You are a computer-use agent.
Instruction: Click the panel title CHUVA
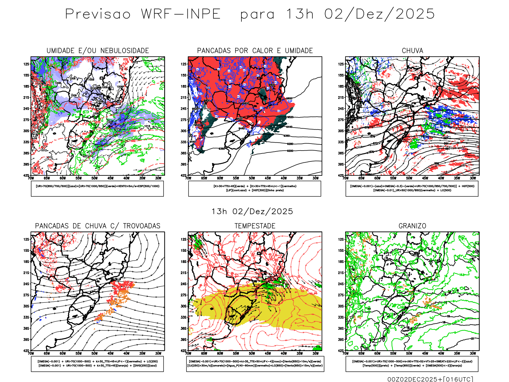[x=412, y=51]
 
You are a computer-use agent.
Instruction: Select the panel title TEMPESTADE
[x=255, y=226]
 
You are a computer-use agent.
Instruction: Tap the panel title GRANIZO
[x=412, y=226]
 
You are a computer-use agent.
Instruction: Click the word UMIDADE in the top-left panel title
[x=60, y=51]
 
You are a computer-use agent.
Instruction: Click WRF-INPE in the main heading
[x=181, y=14]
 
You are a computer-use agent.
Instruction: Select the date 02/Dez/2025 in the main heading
[x=379, y=14]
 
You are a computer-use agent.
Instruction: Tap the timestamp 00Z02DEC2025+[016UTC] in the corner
[x=430, y=379]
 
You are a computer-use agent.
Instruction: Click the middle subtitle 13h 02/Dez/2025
[x=252, y=211]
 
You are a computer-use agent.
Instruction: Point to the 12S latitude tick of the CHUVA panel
[x=341, y=64]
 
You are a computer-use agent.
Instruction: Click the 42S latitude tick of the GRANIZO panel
[x=341, y=351]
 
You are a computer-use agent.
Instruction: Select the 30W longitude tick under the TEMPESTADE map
[x=316, y=353]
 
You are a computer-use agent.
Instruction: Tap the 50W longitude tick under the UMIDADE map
[x=94, y=178]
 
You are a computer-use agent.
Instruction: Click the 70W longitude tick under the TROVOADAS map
[x=31, y=353]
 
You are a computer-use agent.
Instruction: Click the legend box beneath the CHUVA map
[x=412, y=188]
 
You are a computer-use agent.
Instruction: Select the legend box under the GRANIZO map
[x=412, y=364]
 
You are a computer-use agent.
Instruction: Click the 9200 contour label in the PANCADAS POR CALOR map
[x=290, y=151]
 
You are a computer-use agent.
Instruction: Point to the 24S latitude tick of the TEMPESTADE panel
[x=184, y=284]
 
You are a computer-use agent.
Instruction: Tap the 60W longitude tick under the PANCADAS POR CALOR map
[x=220, y=178]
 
